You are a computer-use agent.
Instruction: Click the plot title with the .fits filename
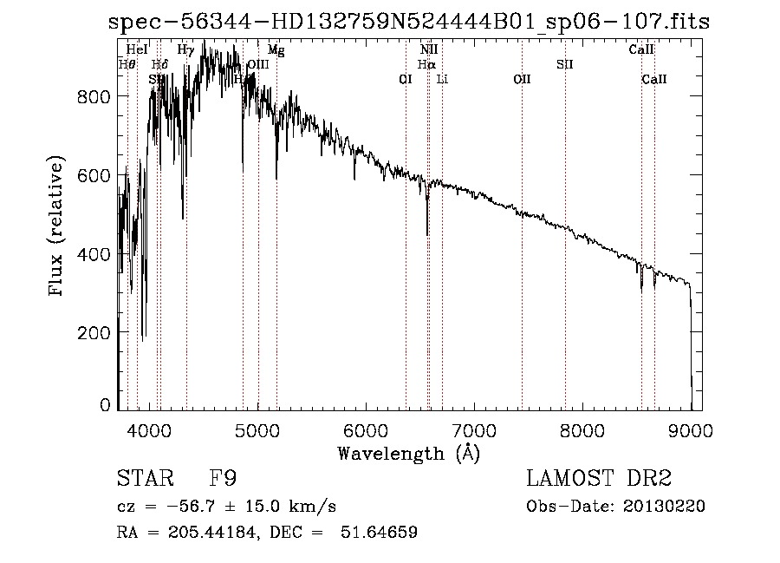click(x=408, y=23)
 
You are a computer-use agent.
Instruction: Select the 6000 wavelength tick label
click(x=365, y=429)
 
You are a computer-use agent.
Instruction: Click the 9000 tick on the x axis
click(x=691, y=429)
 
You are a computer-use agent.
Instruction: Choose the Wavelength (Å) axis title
click(x=408, y=452)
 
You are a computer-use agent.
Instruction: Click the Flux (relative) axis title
click(x=57, y=227)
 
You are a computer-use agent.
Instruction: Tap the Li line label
click(x=442, y=79)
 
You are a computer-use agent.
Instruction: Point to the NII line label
click(x=429, y=50)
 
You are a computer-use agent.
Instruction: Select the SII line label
click(x=565, y=64)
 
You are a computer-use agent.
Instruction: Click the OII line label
click(x=522, y=79)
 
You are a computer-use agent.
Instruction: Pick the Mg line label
click(x=276, y=50)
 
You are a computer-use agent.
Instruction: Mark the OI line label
click(x=405, y=79)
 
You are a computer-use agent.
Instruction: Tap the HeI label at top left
click(x=137, y=50)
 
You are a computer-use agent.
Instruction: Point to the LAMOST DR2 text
click(x=599, y=478)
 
